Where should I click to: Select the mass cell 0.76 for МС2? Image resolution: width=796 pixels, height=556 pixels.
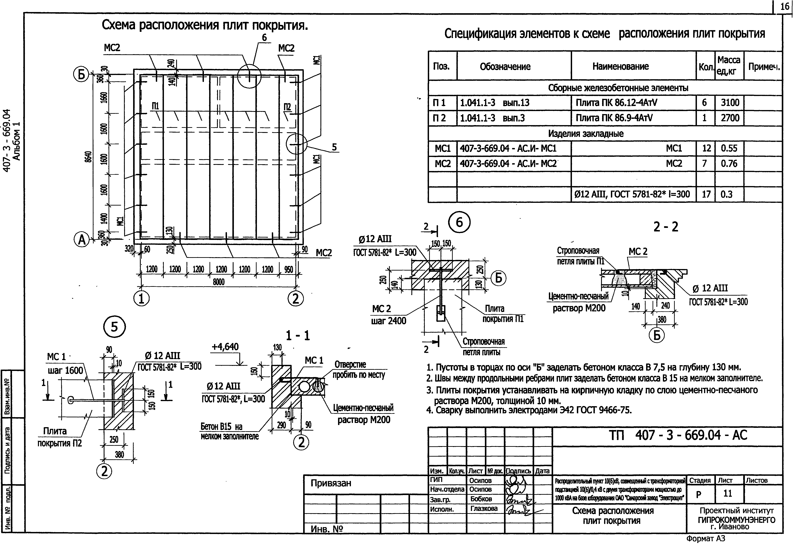click(x=729, y=164)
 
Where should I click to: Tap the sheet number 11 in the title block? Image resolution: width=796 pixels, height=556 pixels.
click(x=727, y=493)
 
